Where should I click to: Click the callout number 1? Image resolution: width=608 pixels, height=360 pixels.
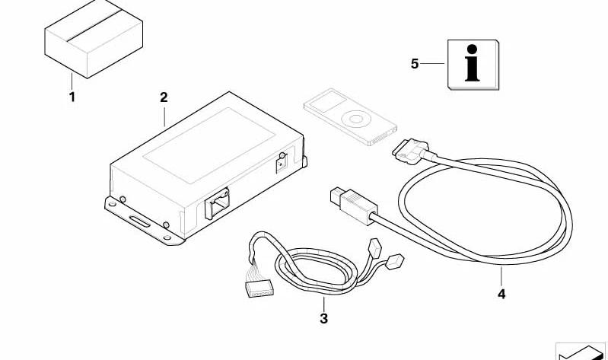(x=72, y=97)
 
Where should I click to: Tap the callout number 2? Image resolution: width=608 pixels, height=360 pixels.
(x=164, y=97)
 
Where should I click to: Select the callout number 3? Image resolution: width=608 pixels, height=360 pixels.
(x=323, y=318)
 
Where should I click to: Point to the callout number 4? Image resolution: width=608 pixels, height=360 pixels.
(x=501, y=295)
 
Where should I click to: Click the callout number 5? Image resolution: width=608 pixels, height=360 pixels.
(x=415, y=64)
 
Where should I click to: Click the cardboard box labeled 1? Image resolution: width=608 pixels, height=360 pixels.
(x=94, y=39)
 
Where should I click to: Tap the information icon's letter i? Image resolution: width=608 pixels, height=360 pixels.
(x=472, y=63)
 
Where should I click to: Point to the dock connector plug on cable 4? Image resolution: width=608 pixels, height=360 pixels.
(x=410, y=149)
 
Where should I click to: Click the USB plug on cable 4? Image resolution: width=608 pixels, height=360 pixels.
(x=352, y=205)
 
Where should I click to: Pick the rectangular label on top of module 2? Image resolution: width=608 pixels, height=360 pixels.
(x=209, y=145)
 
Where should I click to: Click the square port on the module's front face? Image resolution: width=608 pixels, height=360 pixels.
(x=217, y=203)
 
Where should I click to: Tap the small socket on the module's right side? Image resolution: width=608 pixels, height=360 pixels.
(x=282, y=163)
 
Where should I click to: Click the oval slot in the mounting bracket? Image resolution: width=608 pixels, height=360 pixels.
(x=140, y=222)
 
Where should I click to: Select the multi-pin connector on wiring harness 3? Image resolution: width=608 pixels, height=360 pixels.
(x=259, y=289)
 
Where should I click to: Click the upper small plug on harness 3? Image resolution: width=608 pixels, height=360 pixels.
(x=375, y=247)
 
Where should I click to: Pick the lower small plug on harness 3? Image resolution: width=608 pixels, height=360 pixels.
(x=395, y=261)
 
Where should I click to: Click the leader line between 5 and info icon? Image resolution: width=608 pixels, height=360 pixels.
(x=432, y=64)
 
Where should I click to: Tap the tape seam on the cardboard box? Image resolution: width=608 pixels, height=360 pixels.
(x=94, y=25)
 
